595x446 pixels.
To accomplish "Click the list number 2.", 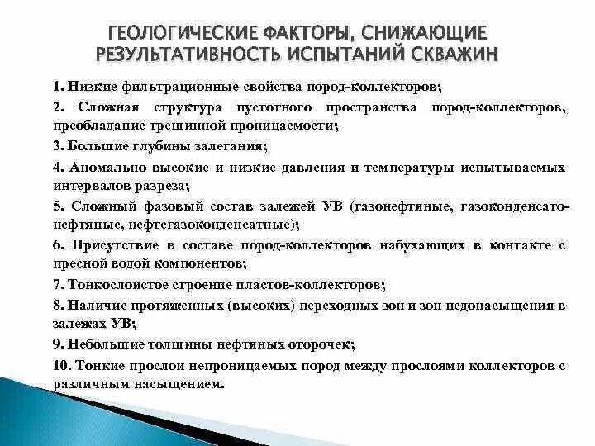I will click(x=57, y=109).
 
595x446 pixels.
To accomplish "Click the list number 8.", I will click(x=57, y=305).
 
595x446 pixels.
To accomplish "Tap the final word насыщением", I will click(x=183, y=383).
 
